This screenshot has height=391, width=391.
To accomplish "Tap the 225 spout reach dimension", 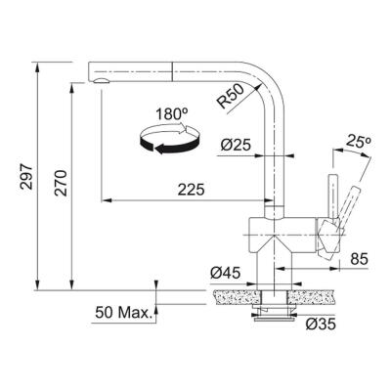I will [192, 191].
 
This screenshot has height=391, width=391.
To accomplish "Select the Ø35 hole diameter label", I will [319, 323].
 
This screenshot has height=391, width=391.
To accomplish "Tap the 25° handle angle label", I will [359, 144].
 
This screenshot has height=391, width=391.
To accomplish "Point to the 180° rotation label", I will [171, 114].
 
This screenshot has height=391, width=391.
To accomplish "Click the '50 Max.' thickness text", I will [124, 314].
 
